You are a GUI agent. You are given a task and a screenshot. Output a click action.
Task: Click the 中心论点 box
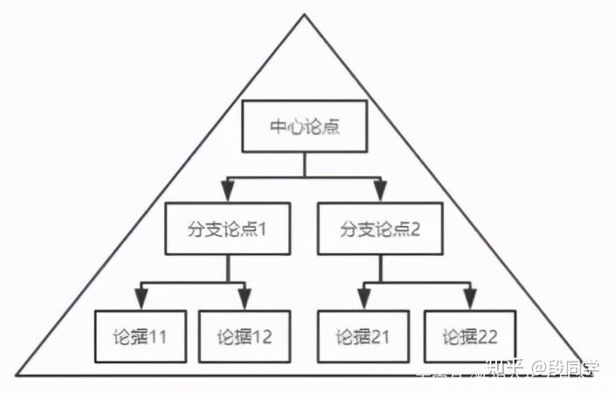304,127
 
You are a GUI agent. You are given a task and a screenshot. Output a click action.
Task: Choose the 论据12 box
245,335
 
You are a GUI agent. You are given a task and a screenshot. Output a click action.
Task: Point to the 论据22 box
468,335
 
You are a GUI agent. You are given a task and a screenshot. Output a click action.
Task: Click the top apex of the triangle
305,15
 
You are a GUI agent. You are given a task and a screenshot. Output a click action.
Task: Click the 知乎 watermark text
504,370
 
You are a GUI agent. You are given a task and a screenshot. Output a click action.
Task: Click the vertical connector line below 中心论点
304,166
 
